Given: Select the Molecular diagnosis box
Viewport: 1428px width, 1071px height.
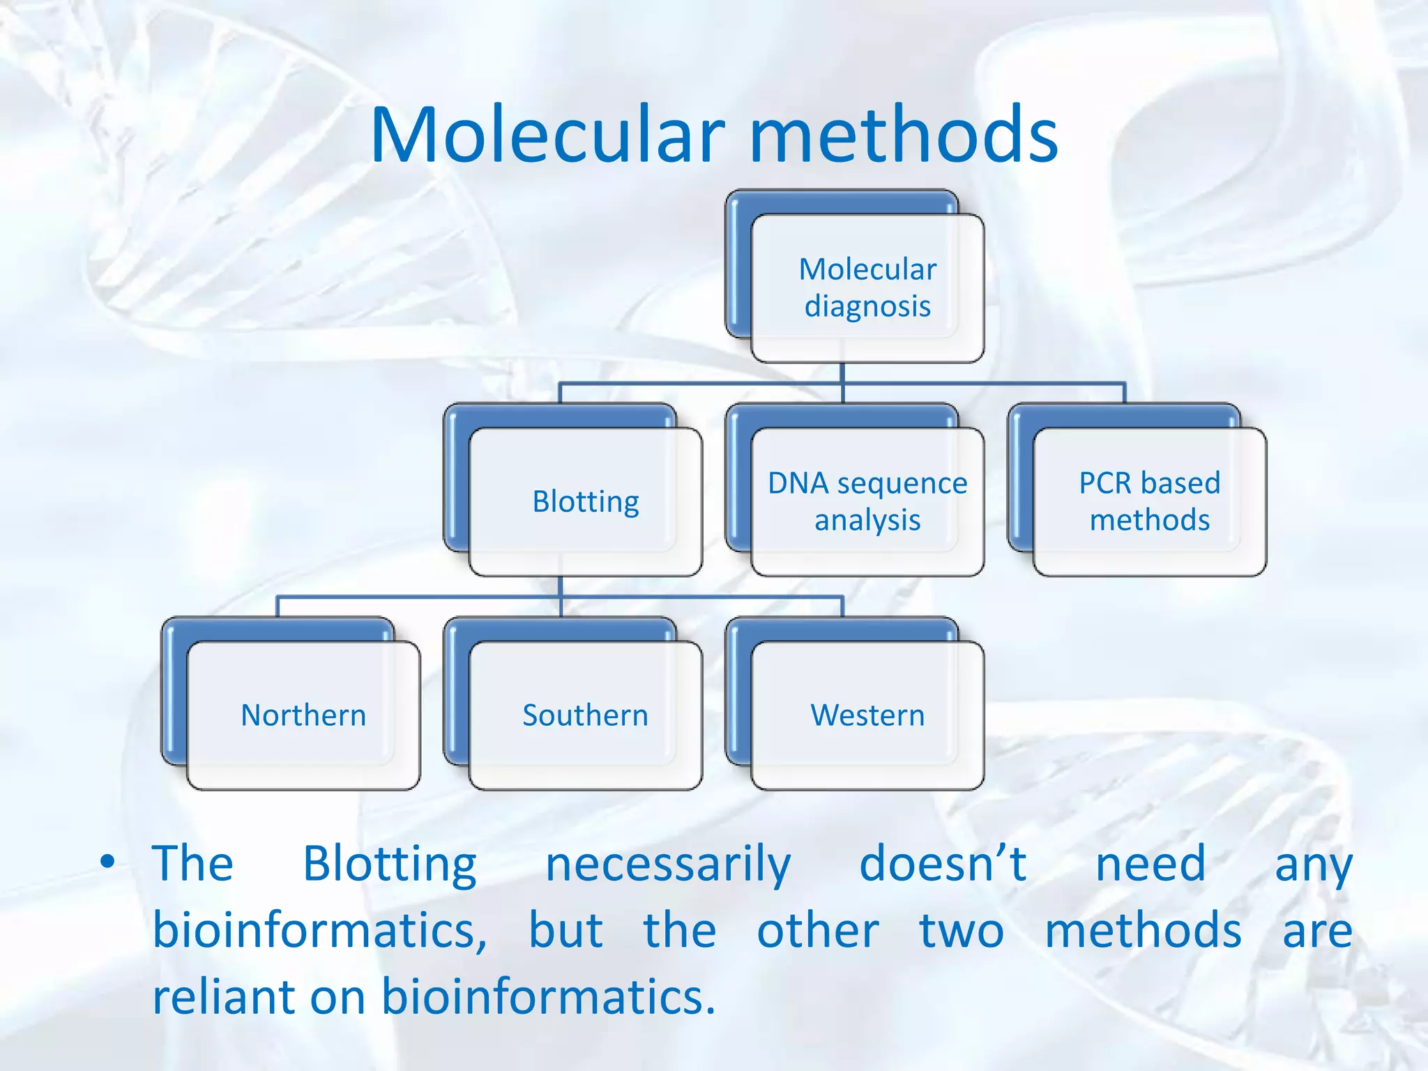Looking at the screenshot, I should coord(867,288).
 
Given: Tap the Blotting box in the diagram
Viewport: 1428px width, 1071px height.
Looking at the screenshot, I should coord(586,502).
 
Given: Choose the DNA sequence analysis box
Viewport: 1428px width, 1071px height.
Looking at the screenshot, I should coord(867,502).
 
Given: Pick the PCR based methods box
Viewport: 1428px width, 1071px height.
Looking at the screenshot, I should coord(1149,502).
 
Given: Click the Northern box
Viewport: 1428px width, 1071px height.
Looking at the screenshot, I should coord(303,715).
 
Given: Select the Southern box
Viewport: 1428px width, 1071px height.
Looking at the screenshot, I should coord(586,715).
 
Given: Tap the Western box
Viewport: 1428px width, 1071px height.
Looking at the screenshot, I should coord(867,715).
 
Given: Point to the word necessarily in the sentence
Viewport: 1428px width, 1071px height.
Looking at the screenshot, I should coord(668,865).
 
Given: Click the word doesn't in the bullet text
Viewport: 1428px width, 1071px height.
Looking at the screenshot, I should coord(943,864).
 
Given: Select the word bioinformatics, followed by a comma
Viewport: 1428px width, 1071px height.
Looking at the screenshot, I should coord(320,931).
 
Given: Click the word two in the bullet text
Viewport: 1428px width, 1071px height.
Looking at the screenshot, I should coord(962,931).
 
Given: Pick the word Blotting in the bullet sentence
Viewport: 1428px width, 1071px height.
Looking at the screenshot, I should coord(390,865).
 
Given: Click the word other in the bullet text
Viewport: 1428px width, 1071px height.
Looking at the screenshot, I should coord(818,931).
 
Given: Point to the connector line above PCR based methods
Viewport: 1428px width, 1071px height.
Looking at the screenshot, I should coord(1125,392).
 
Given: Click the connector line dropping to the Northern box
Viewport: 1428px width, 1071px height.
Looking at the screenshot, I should coord(278,606).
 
